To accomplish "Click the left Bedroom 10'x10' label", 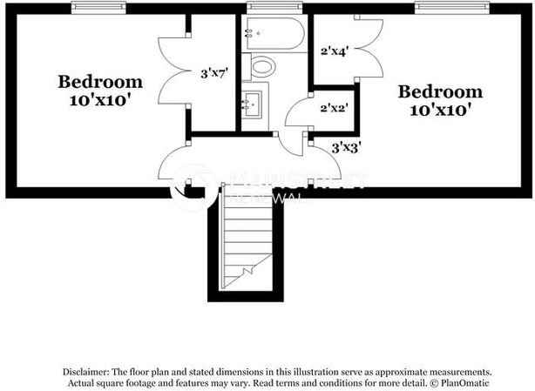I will coord(100,91).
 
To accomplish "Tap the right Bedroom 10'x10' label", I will coord(440,100).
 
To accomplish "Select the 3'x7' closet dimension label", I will coord(213,73).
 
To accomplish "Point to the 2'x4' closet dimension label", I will coord(335,51).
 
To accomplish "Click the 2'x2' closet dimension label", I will coord(335,109).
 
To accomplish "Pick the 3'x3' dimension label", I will coord(347,148).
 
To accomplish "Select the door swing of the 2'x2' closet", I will coord(297,114).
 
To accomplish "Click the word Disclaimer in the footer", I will coord(87,371).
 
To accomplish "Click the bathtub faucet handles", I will coord(250,34).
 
